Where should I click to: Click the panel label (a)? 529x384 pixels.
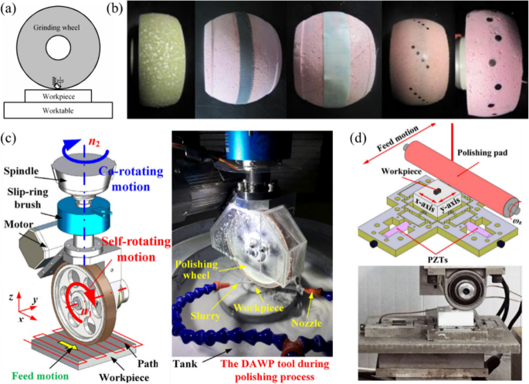10,11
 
